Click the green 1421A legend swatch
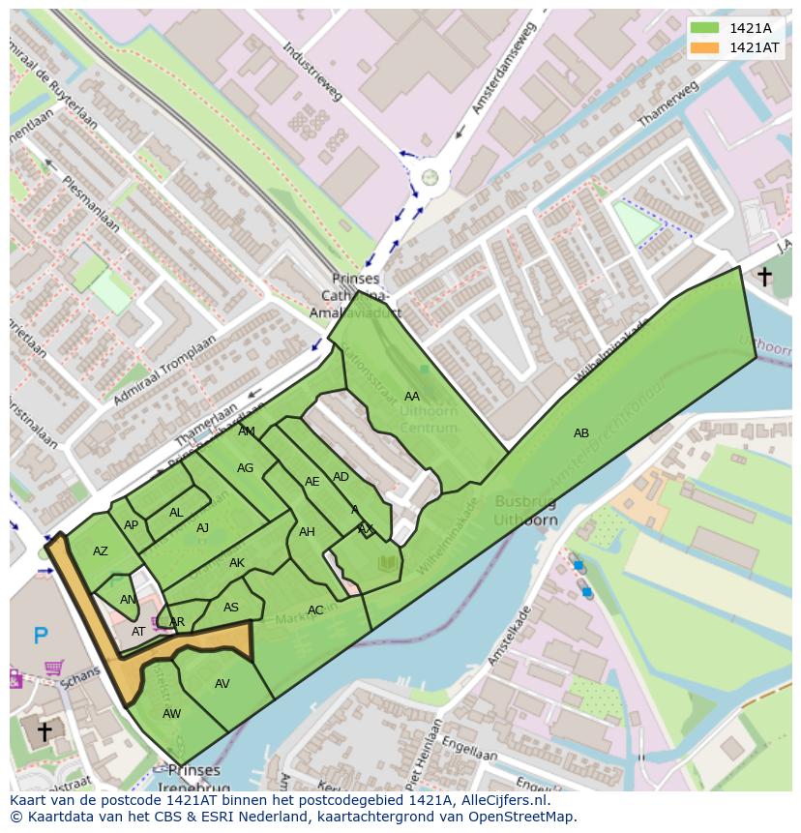705,28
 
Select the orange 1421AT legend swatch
705,47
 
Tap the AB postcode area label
580,433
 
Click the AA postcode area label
412,397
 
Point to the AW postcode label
171,714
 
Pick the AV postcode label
222,684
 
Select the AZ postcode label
101,551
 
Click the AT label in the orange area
138,632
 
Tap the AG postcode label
245,468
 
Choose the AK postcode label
237,563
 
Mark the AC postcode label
315,610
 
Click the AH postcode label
307,532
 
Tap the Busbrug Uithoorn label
525,510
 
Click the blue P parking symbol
41,636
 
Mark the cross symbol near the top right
764,278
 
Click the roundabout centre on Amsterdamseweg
430,177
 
